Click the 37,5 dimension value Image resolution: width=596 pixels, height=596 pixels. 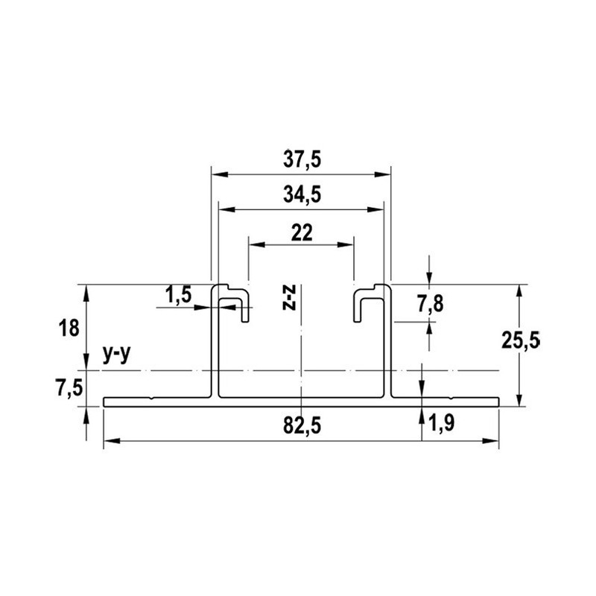tap(301, 160)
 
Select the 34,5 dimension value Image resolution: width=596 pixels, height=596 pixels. tap(301, 196)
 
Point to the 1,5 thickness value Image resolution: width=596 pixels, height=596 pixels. tap(178, 296)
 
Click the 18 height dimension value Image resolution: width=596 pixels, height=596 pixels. tap(68, 328)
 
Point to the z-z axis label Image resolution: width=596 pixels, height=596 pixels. tap(293, 297)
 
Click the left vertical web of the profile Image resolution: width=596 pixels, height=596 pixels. tap(215, 343)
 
